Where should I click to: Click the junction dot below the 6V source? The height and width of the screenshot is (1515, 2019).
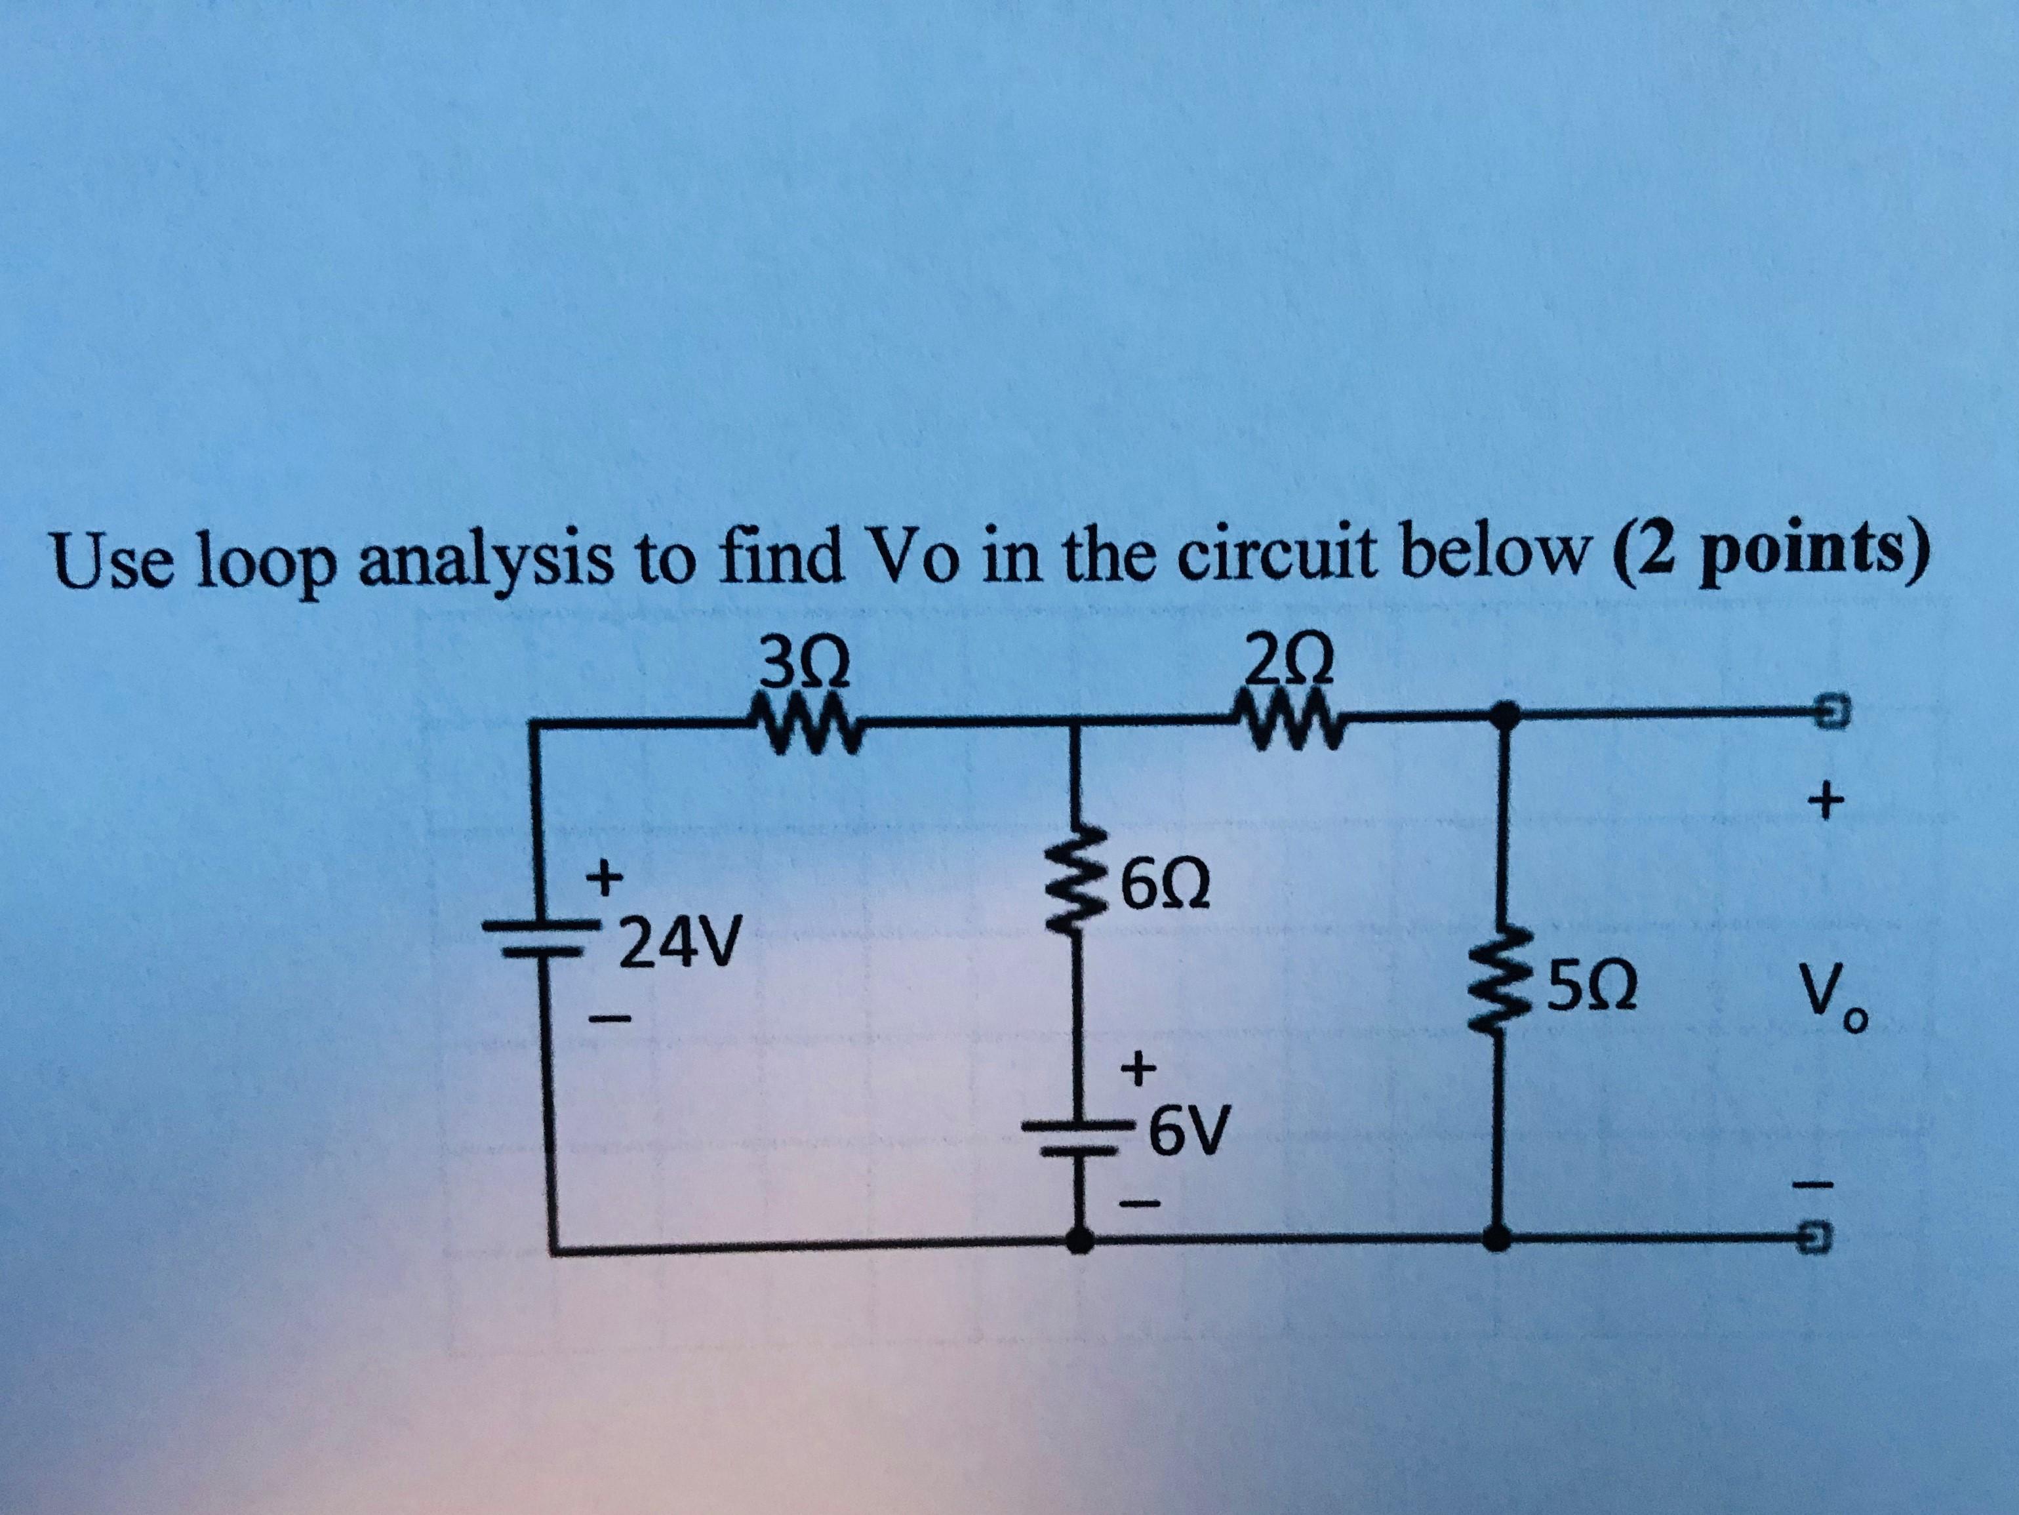[x=1080, y=1240]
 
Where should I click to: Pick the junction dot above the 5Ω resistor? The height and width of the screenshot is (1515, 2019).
[x=1498, y=712]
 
